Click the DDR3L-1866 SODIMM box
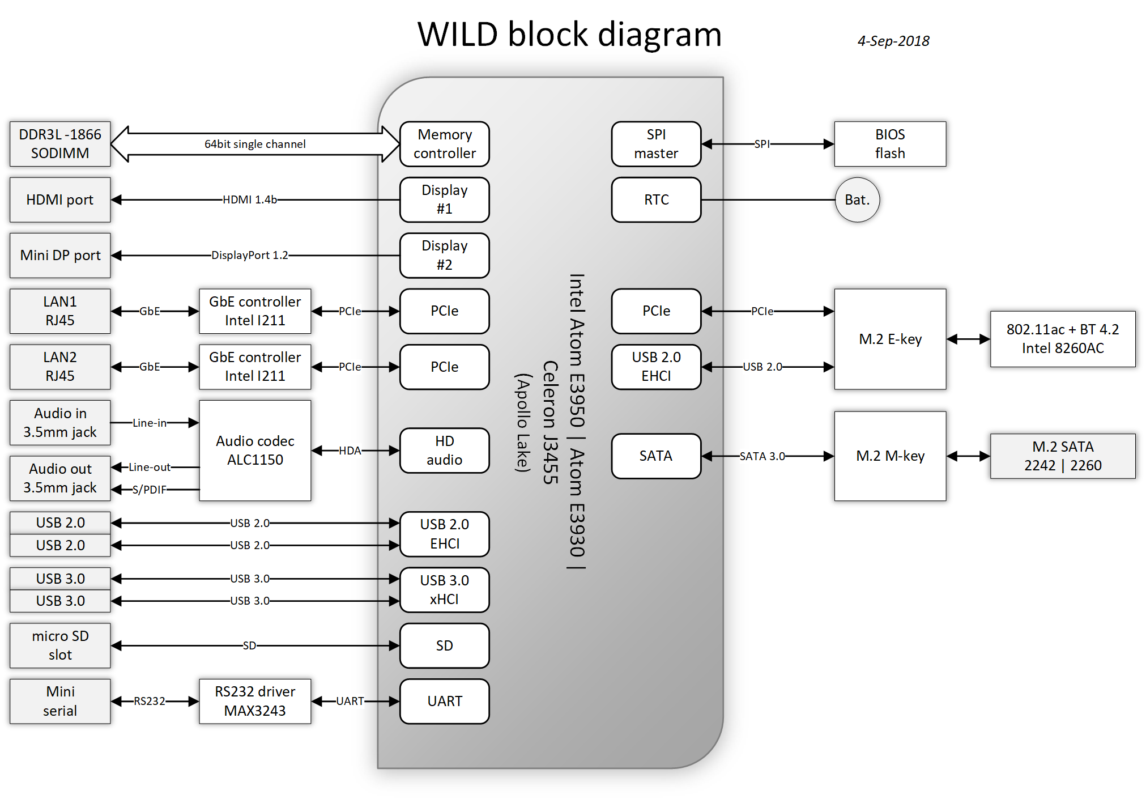pyautogui.click(x=60, y=144)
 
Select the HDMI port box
pyautogui.click(x=60, y=199)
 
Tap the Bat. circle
pyautogui.click(x=857, y=199)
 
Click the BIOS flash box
pyautogui.click(x=890, y=144)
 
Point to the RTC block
pyautogui.click(x=656, y=199)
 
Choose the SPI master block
pyautogui.click(x=656, y=144)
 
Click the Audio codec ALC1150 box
pyautogui.click(x=255, y=451)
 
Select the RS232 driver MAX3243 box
pyautogui.click(x=255, y=701)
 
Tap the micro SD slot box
pyautogui.click(x=60, y=645)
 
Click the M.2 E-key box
pyautogui.click(x=890, y=339)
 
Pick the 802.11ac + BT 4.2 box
pyautogui.click(x=1063, y=339)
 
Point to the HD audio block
pyautogui.click(x=445, y=451)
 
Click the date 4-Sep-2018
pyautogui.click(x=893, y=41)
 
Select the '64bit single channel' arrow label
pyautogui.click(x=255, y=144)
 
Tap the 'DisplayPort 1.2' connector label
pyautogui.click(x=250, y=255)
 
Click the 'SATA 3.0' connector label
pyautogui.click(x=762, y=456)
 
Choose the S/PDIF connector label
pyautogui.click(x=150, y=490)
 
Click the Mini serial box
pyautogui.click(x=60, y=701)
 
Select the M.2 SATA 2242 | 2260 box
pyautogui.click(x=1063, y=456)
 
